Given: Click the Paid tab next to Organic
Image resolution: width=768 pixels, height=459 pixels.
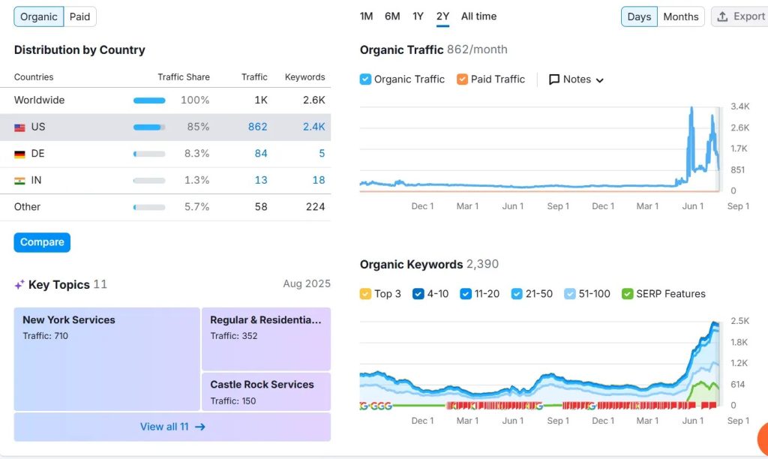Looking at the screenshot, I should tap(79, 16).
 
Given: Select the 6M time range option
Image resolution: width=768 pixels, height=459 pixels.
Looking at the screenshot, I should tap(392, 16).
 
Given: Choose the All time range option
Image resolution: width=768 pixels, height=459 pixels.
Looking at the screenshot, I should tap(478, 16).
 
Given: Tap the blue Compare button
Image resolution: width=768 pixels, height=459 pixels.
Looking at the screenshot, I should tap(42, 242).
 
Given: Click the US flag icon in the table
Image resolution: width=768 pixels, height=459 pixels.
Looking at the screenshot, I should tap(19, 127).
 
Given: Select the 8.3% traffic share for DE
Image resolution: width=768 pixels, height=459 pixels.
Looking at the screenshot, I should tap(196, 153).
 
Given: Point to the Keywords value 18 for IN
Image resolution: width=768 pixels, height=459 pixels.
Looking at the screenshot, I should tap(319, 180).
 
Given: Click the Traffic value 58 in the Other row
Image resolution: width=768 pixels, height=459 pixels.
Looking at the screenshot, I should tap(260, 206).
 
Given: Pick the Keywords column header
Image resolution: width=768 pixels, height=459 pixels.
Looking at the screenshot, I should tap(304, 77).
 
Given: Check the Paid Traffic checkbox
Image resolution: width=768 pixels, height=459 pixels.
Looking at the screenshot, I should tap(462, 79).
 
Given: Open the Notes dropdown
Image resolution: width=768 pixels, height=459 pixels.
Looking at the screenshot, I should tap(576, 79).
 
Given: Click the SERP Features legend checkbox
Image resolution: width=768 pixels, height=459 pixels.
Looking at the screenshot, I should tap(628, 294).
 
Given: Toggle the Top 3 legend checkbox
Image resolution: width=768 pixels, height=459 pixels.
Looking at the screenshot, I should tap(366, 294).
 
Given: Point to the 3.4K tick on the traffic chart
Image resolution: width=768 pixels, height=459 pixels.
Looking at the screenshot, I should tap(739, 106).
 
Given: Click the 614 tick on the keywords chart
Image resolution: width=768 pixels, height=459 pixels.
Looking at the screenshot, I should tap(738, 384).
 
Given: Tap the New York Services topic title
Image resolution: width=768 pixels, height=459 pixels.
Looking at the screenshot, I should tap(69, 319).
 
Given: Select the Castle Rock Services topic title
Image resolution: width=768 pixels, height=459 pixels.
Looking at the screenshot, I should tap(262, 384).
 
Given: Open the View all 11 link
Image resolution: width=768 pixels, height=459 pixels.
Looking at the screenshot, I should tap(172, 427).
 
